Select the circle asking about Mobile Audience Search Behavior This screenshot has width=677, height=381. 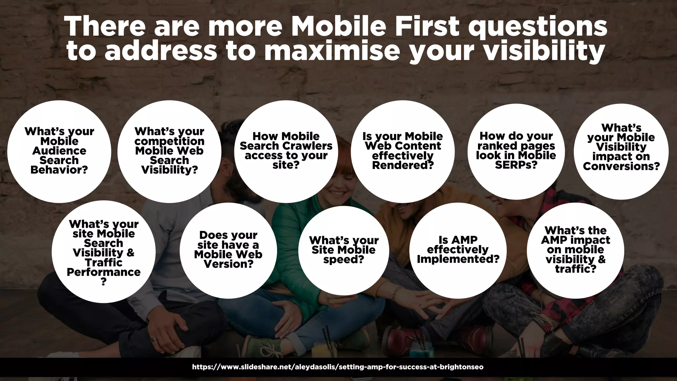point(59,151)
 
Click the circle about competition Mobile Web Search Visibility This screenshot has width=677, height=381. point(169,151)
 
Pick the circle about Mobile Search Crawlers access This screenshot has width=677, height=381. point(286,151)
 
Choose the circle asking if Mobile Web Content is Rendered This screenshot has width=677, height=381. point(403,151)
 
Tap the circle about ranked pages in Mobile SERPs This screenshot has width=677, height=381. point(516,151)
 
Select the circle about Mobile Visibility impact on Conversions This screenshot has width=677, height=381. point(621,151)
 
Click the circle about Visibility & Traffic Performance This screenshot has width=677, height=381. point(103,252)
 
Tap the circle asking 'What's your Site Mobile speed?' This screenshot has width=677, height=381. point(343,250)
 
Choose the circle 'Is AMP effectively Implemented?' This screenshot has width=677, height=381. point(458,250)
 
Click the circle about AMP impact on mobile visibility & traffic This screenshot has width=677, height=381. point(576,250)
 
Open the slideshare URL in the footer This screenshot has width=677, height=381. point(338,367)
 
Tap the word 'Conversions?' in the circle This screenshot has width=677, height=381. point(621,166)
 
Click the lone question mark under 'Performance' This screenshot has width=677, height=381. point(103,282)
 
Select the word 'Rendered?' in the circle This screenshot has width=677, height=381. point(403,165)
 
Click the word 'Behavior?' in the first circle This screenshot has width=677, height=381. point(59,170)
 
